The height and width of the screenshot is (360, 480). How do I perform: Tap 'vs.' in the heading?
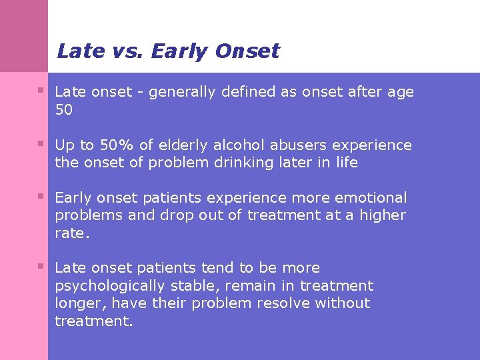click(131, 51)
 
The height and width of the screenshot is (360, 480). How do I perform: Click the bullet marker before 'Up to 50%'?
click(41, 143)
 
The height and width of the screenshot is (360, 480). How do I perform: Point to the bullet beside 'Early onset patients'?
click(41, 196)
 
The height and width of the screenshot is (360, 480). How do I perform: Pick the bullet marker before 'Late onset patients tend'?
click(41, 266)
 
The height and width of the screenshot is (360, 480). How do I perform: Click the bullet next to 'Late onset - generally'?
click(41, 90)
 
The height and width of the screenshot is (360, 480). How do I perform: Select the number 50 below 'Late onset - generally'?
click(64, 110)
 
